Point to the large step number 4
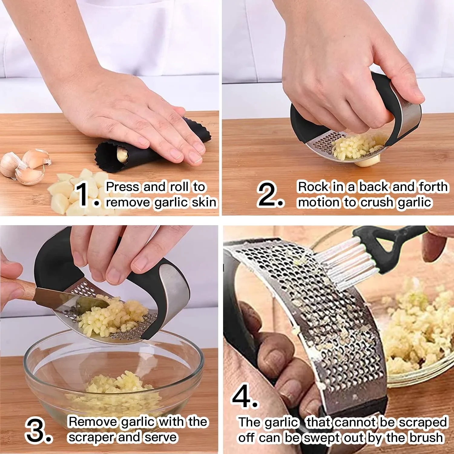pyautogui.click(x=242, y=396)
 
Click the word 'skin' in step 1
pyautogui.click(x=204, y=202)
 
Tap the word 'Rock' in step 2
pyautogui.click(x=313, y=187)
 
